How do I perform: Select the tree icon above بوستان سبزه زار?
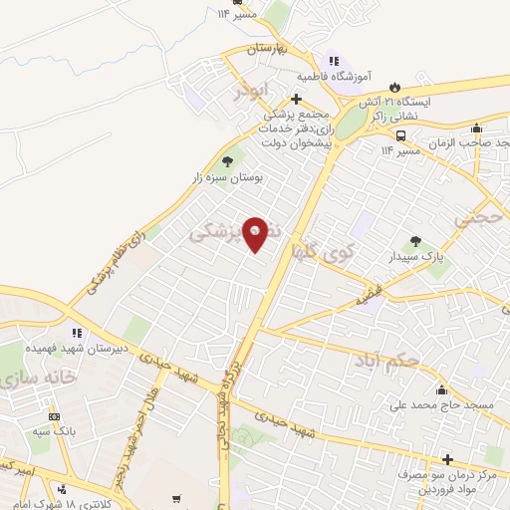coord(228,160)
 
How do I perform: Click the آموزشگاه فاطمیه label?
coord(333,76)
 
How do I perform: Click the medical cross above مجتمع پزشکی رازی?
coord(296,99)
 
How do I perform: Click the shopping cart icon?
coord(175,499)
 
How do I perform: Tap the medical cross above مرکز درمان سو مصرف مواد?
coord(446,459)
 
